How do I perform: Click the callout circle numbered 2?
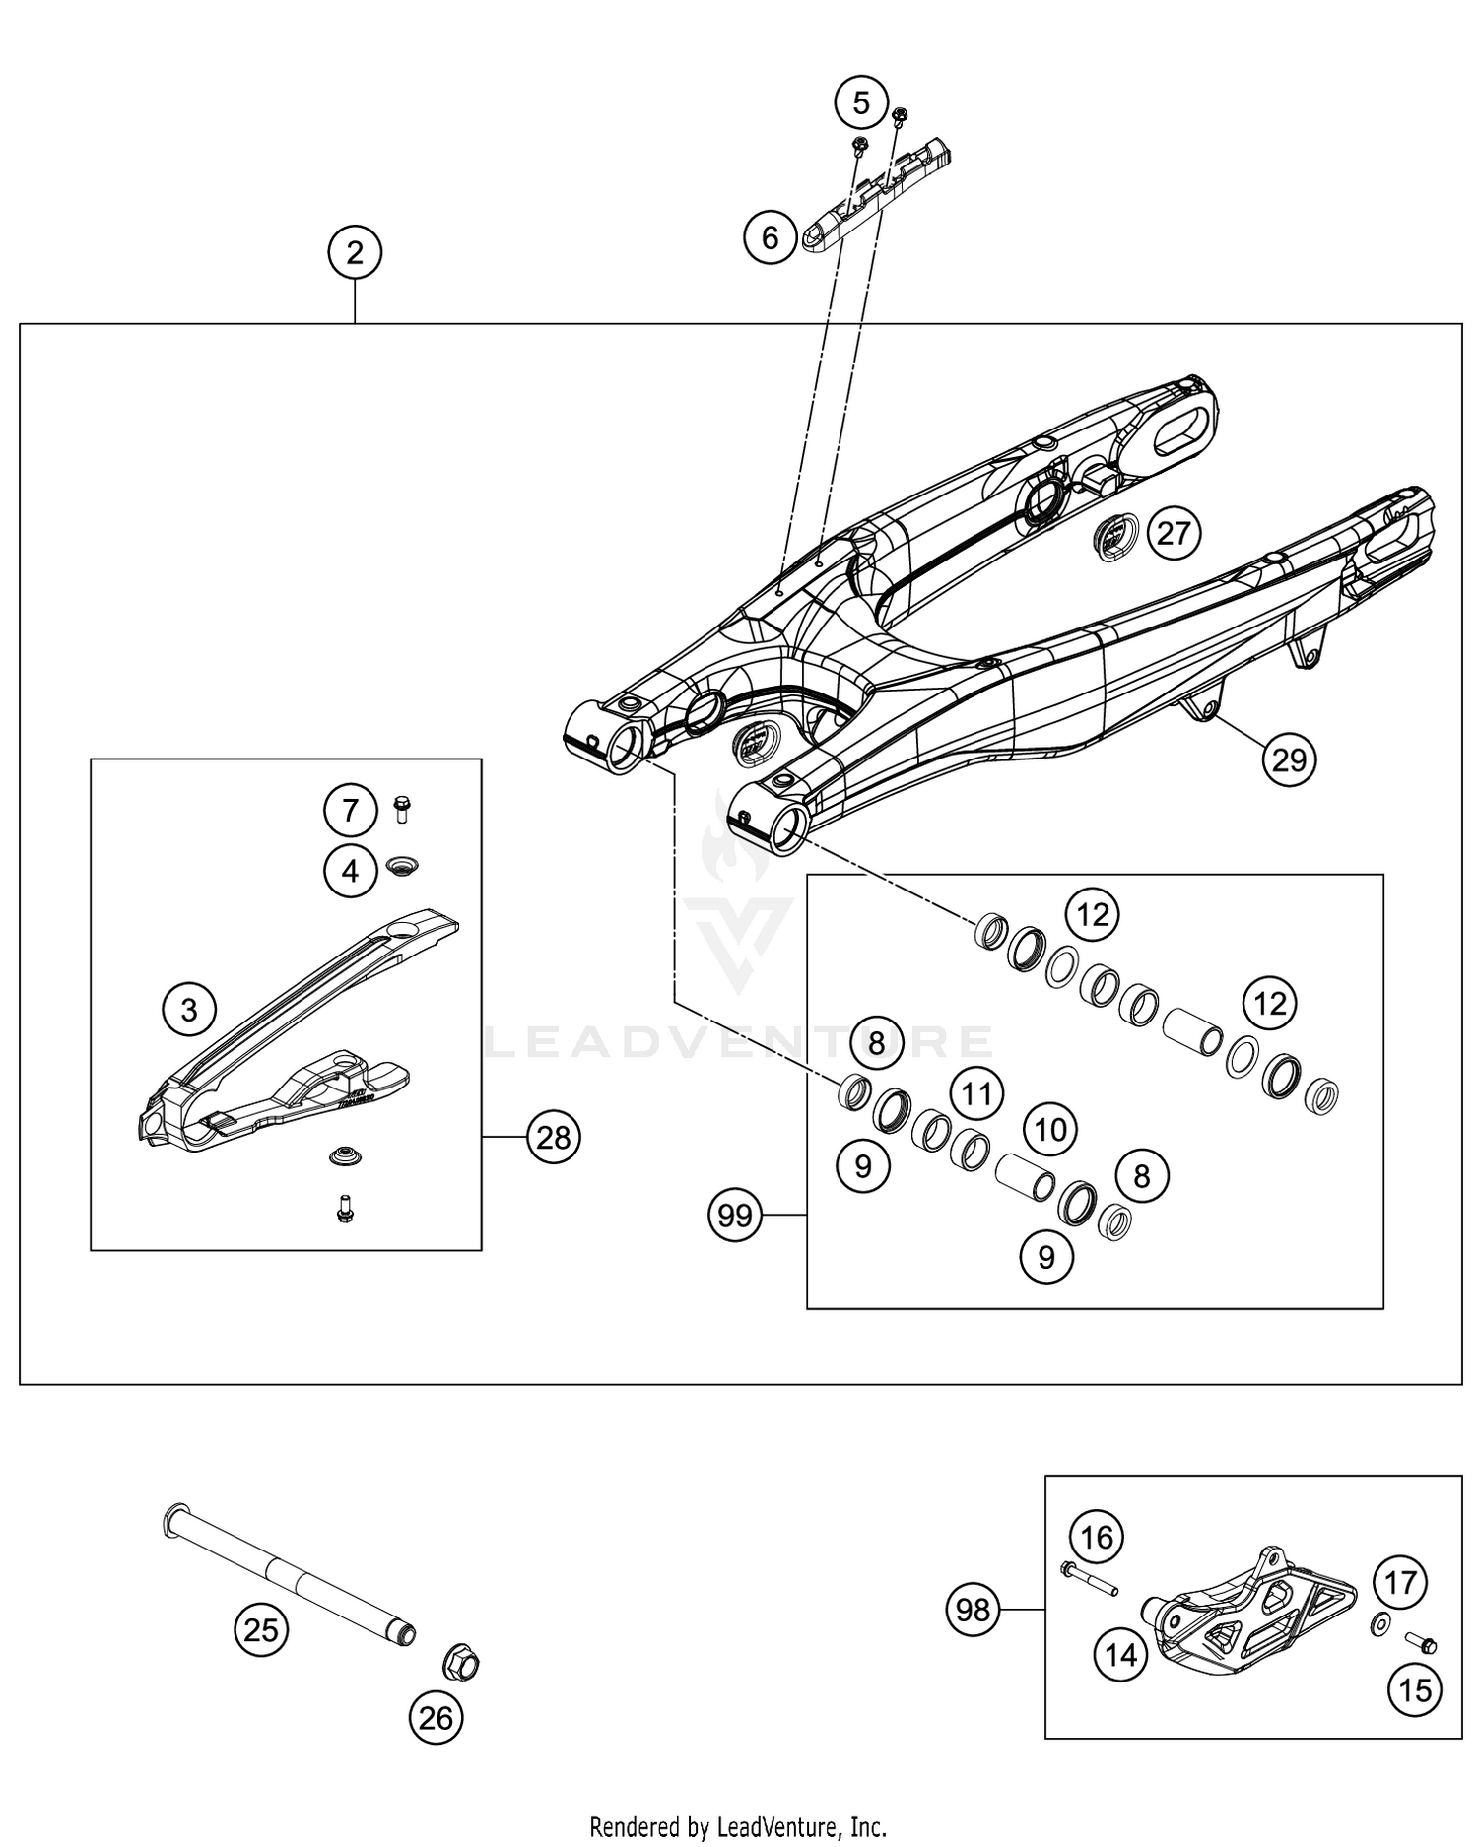coord(355,253)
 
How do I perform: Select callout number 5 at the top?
coord(861,102)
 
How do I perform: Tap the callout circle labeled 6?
coord(771,237)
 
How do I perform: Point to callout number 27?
coord(1174,534)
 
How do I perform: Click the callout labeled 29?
coord(1289,759)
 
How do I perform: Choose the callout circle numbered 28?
coord(554,1138)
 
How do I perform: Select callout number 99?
coord(735,1216)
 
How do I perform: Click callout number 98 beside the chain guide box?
coord(974,1611)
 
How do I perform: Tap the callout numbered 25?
coord(261,1630)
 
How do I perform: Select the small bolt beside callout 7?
coord(401,810)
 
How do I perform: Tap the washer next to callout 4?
coord(402,866)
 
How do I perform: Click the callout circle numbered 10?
coord(1050,1129)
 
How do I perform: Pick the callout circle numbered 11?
coord(975,1093)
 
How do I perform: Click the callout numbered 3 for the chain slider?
coord(189,1009)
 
